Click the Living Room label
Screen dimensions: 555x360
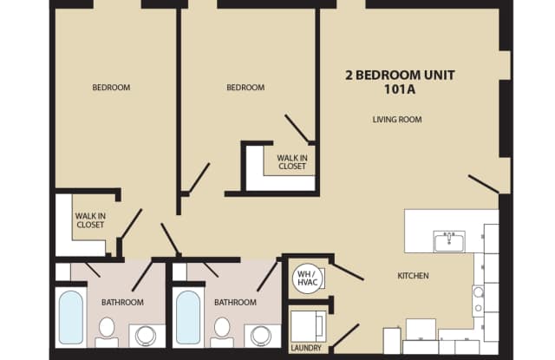(397, 120)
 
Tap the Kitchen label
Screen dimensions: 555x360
(413, 276)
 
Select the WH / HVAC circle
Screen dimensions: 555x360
(308, 278)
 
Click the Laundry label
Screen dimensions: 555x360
(306, 349)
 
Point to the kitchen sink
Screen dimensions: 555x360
(449, 241)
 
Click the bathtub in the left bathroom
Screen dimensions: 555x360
(71, 317)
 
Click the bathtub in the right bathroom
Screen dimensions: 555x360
(188, 317)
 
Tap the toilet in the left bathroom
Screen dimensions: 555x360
(107, 332)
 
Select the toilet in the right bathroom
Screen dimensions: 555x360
(222, 332)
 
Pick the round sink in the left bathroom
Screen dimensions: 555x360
(146, 335)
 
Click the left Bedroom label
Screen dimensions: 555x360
(111, 88)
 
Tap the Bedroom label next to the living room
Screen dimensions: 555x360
(245, 88)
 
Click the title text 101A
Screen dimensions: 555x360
(400, 89)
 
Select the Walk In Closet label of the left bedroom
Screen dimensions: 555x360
(90, 220)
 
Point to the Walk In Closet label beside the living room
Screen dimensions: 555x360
(292, 162)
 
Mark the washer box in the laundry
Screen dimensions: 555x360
(307, 326)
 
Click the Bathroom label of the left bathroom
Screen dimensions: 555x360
(122, 302)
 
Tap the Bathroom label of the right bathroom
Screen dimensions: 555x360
(235, 302)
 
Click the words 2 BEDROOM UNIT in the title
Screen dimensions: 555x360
(400, 75)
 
